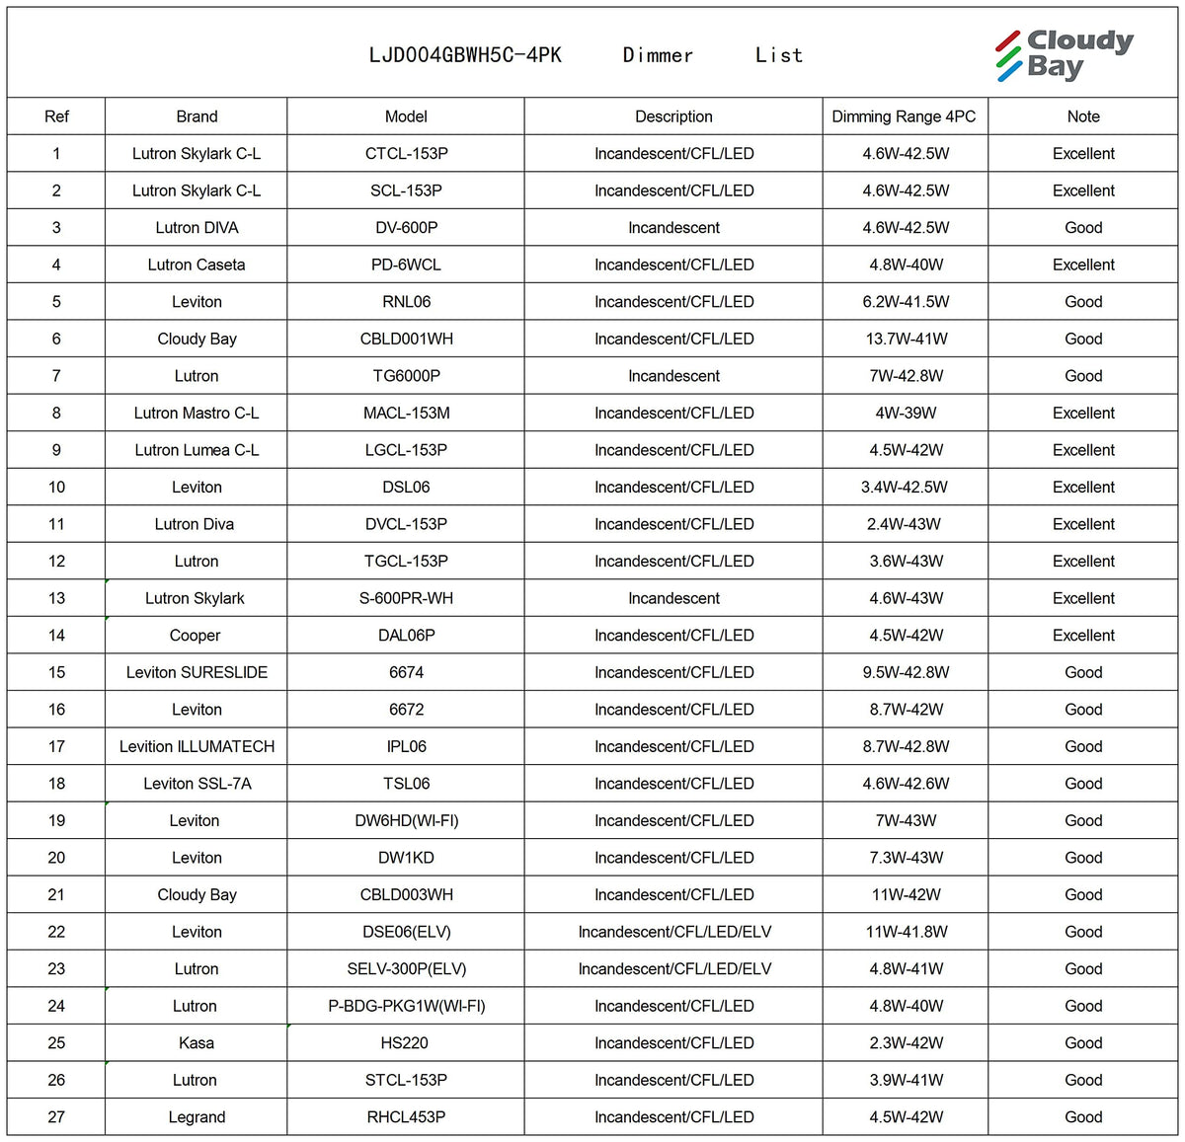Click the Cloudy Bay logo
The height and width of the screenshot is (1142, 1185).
pos(1064,54)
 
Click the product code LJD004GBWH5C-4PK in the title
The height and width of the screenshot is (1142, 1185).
pos(465,55)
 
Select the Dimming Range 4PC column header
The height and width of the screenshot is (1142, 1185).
pos(904,116)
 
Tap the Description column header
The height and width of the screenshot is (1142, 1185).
pos(673,116)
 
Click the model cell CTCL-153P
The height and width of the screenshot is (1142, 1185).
pos(406,154)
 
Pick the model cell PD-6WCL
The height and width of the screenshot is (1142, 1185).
pos(406,265)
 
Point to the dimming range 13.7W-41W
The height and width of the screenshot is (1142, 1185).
pos(906,339)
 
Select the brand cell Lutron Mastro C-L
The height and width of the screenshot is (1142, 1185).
pos(197,413)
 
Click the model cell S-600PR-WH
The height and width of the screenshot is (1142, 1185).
pos(406,598)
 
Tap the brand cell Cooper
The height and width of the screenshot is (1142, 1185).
pos(196,636)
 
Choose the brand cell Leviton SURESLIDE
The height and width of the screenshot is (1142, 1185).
pos(197,672)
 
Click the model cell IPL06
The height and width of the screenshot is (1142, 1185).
pos(406,746)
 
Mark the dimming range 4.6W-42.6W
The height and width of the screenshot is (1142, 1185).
pos(906,784)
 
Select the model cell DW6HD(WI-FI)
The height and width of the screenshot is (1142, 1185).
pos(406,820)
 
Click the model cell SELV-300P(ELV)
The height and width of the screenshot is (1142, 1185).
pos(406,968)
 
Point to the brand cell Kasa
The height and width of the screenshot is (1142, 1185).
pos(197,1043)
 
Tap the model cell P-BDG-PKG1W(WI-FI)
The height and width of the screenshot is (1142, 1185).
pos(406,1006)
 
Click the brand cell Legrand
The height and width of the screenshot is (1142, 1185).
pos(197,1117)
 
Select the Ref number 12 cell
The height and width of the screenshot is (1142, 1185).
pos(56,561)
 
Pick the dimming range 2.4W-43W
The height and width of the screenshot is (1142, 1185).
pos(904,524)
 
